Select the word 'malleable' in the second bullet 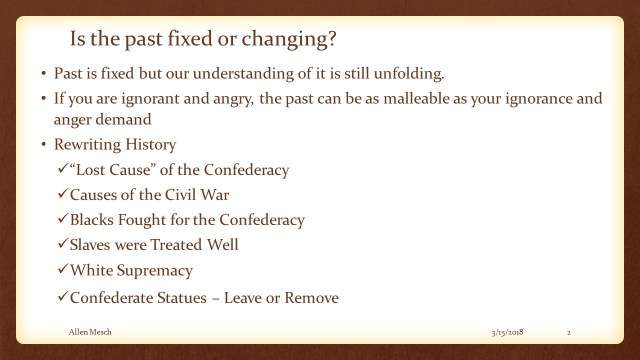coord(409,101)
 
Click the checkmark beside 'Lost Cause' coord(62,170)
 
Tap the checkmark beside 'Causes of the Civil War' coord(62,195)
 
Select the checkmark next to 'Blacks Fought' coord(62,220)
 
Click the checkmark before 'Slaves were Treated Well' coord(62,245)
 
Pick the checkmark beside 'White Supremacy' coord(62,270)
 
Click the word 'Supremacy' coord(158,270)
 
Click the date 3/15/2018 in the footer coord(509,329)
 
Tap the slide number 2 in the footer coord(568,329)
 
